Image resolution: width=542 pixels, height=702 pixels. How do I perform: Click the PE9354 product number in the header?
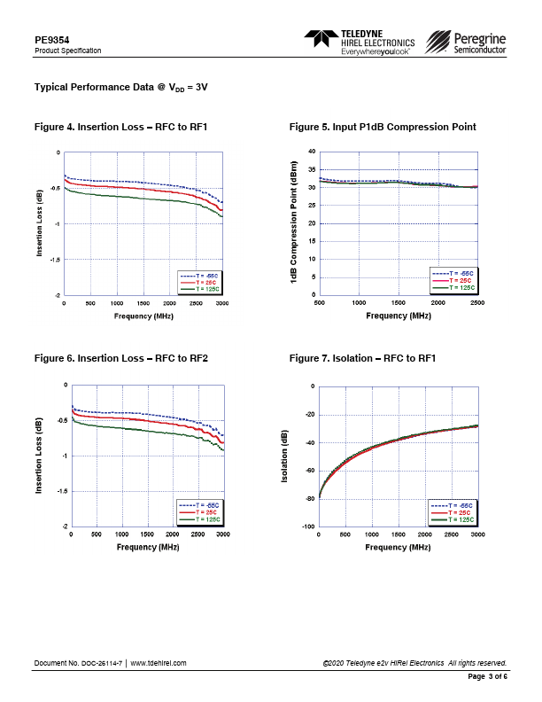click(x=51, y=40)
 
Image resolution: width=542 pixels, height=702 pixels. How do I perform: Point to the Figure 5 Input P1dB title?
click(x=382, y=128)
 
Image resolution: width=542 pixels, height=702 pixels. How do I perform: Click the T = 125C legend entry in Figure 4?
click(x=202, y=289)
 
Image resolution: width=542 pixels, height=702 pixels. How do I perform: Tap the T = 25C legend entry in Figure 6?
click(x=202, y=512)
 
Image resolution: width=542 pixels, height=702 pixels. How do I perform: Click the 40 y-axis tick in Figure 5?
click(x=311, y=152)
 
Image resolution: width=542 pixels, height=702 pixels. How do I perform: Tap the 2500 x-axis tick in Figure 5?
click(x=477, y=303)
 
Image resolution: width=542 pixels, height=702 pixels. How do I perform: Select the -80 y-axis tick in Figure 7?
click(x=309, y=499)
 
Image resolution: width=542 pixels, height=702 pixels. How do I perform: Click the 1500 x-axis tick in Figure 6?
click(x=147, y=535)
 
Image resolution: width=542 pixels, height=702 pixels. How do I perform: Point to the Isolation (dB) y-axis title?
click(x=285, y=456)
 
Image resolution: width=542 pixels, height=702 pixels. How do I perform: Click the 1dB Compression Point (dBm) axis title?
click(x=293, y=223)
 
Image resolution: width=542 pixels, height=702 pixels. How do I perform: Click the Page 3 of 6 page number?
click(x=487, y=676)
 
